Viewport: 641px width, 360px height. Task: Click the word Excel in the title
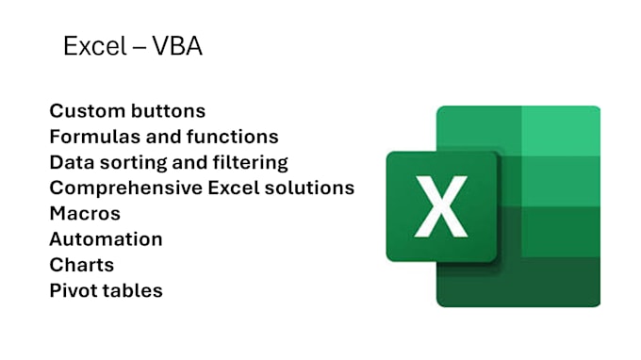(90, 46)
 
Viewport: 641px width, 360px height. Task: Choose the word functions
(232, 137)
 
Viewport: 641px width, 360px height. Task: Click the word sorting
(135, 162)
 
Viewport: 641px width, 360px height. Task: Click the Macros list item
(85, 213)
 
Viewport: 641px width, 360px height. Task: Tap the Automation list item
(106, 239)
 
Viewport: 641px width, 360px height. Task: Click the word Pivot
(74, 290)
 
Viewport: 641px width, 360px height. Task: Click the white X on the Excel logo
(441, 205)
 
